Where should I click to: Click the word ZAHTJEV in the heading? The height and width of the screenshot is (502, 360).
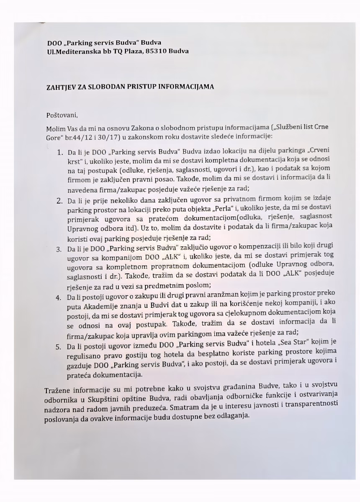(x=60, y=87)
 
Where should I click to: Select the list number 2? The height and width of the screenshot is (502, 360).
(x=59, y=201)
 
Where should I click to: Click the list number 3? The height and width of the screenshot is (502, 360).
(x=59, y=250)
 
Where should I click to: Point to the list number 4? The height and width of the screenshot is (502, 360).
(x=59, y=297)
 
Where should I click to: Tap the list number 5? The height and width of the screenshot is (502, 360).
(x=59, y=347)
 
